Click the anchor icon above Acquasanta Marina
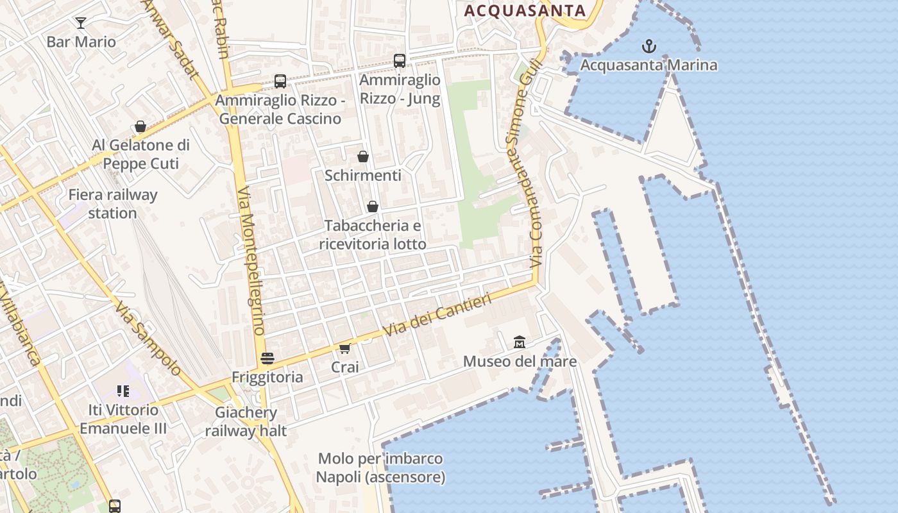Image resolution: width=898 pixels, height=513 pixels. [x=649, y=46]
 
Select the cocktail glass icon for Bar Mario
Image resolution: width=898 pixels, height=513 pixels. [x=81, y=23]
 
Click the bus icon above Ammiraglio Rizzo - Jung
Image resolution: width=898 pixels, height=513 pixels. [x=400, y=61]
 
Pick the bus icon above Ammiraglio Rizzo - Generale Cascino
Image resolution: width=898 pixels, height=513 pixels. [x=280, y=81]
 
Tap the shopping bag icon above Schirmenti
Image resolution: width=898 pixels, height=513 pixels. [x=363, y=156]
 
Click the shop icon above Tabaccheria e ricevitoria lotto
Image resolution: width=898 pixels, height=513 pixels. [x=373, y=206]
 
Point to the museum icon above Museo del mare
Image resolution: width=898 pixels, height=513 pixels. [x=520, y=342]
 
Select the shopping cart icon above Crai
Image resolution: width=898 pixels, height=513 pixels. [x=344, y=349]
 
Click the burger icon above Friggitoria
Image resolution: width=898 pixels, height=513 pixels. [x=267, y=358]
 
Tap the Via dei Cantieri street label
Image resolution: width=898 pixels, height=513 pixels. [x=437, y=315]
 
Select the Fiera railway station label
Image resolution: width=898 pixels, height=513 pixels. [x=113, y=204]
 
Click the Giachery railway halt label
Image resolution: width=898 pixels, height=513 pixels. [x=246, y=421]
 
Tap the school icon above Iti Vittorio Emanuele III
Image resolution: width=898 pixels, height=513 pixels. [x=123, y=391]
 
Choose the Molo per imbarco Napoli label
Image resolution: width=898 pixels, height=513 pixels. [x=380, y=468]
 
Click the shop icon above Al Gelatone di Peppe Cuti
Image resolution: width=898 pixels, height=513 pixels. [x=140, y=126]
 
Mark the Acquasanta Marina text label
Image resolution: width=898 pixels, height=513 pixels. [x=649, y=65]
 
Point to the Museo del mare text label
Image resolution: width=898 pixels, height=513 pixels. [x=520, y=362]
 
